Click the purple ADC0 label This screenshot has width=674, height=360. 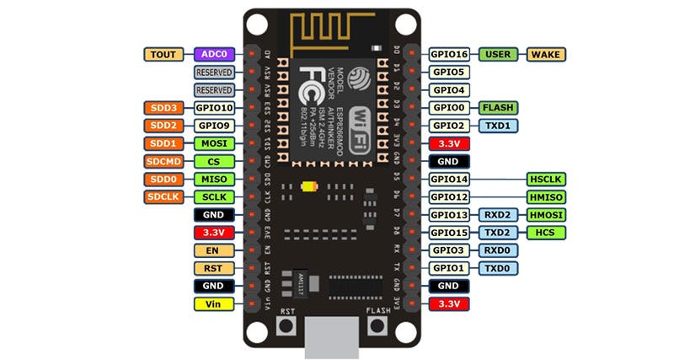click(212, 54)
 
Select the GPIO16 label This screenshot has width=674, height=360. click(448, 54)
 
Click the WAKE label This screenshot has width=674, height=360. click(545, 54)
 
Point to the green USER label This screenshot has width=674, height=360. click(498, 54)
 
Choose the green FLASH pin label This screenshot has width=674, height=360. click(498, 108)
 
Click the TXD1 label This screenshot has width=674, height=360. click(498, 126)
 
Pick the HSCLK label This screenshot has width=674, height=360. click(545, 179)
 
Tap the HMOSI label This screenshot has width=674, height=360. click(545, 215)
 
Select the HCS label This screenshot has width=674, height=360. click(545, 233)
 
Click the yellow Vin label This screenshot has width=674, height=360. click(212, 304)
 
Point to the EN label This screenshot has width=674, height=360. click(212, 250)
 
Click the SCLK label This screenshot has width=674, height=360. click(212, 197)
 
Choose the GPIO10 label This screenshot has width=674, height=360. click(212, 108)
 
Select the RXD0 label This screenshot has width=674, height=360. click(498, 250)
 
